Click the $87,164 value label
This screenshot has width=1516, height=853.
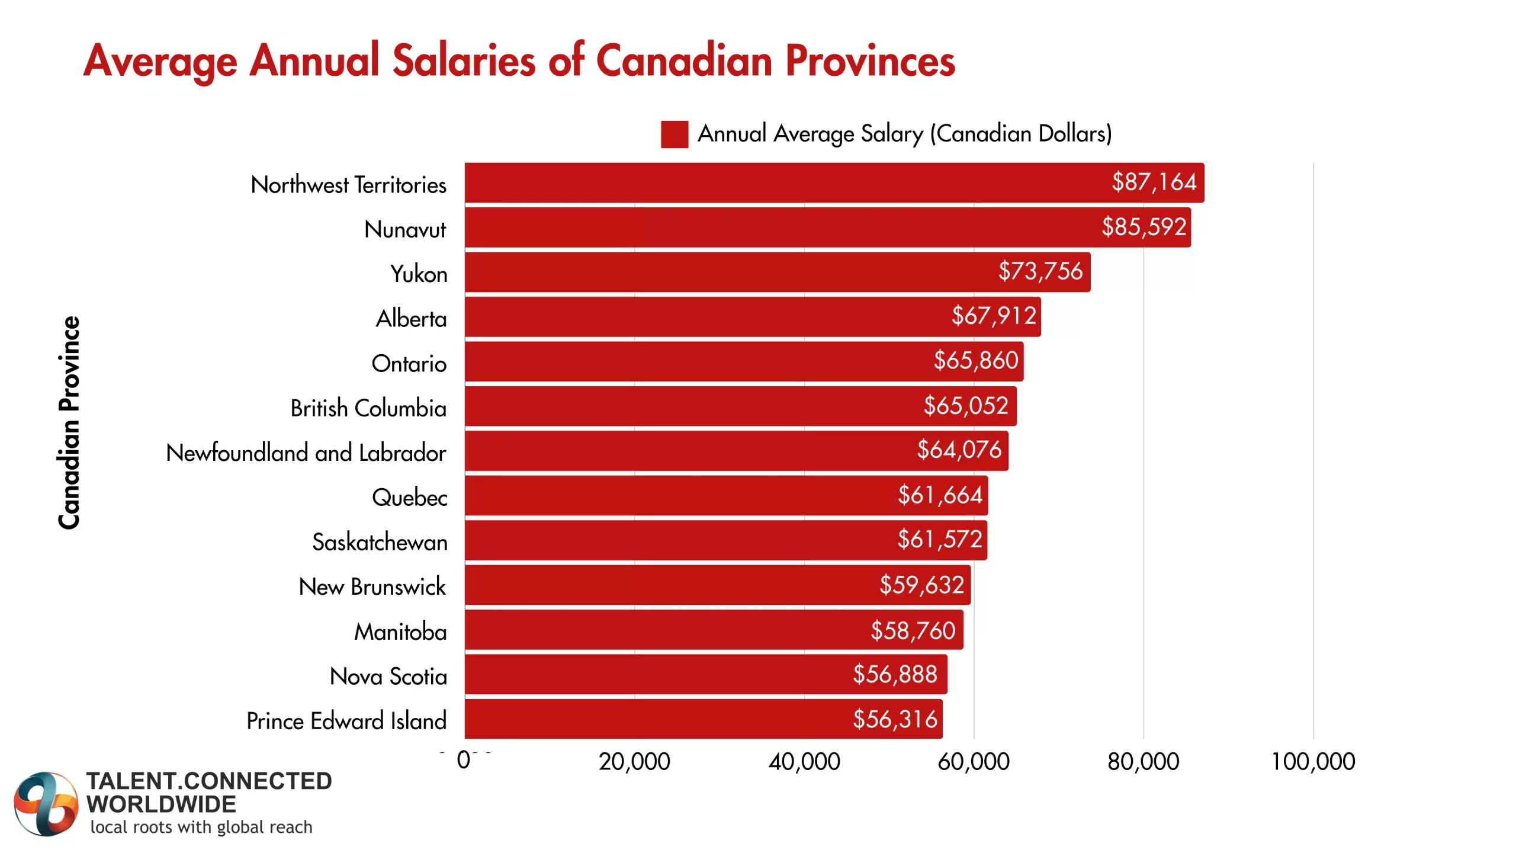(x=1154, y=182)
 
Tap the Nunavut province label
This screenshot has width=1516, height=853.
(x=405, y=229)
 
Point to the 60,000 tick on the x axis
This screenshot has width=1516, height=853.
(x=973, y=761)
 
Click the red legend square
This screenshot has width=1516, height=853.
(x=674, y=134)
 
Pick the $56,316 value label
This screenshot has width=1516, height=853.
(x=895, y=719)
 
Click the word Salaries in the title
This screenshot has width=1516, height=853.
(x=464, y=60)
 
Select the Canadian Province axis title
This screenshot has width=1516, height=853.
(x=69, y=422)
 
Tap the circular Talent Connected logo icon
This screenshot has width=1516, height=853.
(x=46, y=804)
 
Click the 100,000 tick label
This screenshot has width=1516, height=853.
(x=1313, y=761)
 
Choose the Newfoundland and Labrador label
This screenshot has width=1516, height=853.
(x=306, y=453)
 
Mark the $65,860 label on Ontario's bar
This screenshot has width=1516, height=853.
(x=975, y=360)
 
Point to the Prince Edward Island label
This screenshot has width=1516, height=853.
(x=346, y=721)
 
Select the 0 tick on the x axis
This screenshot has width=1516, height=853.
(x=464, y=760)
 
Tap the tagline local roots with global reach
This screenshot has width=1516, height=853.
(x=201, y=827)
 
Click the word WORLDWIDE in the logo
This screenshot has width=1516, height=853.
(x=161, y=804)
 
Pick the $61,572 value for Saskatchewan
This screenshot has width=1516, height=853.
(x=939, y=540)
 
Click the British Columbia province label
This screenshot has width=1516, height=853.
(x=368, y=408)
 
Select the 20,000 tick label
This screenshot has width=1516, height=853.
(x=634, y=761)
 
